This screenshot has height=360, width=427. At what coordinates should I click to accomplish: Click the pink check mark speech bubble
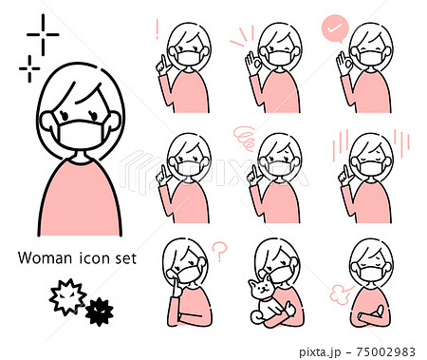pos(335,29)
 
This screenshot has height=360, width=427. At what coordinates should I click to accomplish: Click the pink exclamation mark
pos(158,29)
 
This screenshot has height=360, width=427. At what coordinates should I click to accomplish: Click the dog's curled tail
pos(255,317)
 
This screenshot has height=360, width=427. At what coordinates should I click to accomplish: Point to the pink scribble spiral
pos(244,138)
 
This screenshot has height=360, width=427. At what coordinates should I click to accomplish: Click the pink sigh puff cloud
pos(339,294)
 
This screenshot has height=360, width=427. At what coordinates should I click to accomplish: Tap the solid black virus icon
pos(99,312)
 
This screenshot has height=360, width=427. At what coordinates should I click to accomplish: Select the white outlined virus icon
pos(67,296)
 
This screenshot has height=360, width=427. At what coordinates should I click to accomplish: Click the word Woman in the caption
pos(45,258)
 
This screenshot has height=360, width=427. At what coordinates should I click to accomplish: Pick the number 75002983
pos(385,351)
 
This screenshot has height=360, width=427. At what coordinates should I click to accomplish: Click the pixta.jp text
pos(320,352)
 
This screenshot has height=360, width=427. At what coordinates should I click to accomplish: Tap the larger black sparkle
pos(43,34)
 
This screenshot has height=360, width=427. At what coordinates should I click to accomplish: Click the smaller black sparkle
pos(29,68)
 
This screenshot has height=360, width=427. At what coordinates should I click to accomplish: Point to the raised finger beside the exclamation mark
pos(162,66)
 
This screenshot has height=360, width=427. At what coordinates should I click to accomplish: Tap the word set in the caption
pos(126,258)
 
